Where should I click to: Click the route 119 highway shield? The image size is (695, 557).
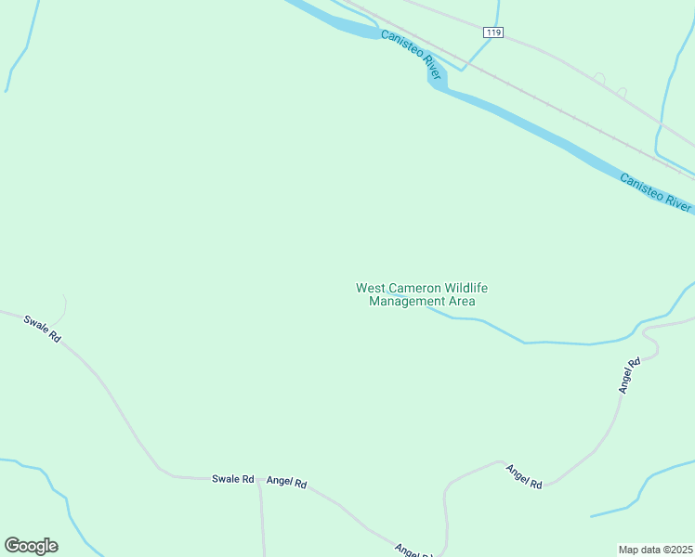pos(493,32)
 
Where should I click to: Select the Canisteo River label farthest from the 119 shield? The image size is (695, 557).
pos(656,192)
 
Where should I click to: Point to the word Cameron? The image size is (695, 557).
pos(411,288)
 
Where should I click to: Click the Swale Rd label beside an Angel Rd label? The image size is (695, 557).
pos(232,479)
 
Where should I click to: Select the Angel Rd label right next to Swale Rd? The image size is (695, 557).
pos(286,482)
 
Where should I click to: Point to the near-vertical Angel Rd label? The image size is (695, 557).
pos(630,376)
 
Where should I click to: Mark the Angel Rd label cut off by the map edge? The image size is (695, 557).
pos(413,551)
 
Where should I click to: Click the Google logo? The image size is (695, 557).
pos(31,546)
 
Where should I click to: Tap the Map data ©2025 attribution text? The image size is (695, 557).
pos(655,550)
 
